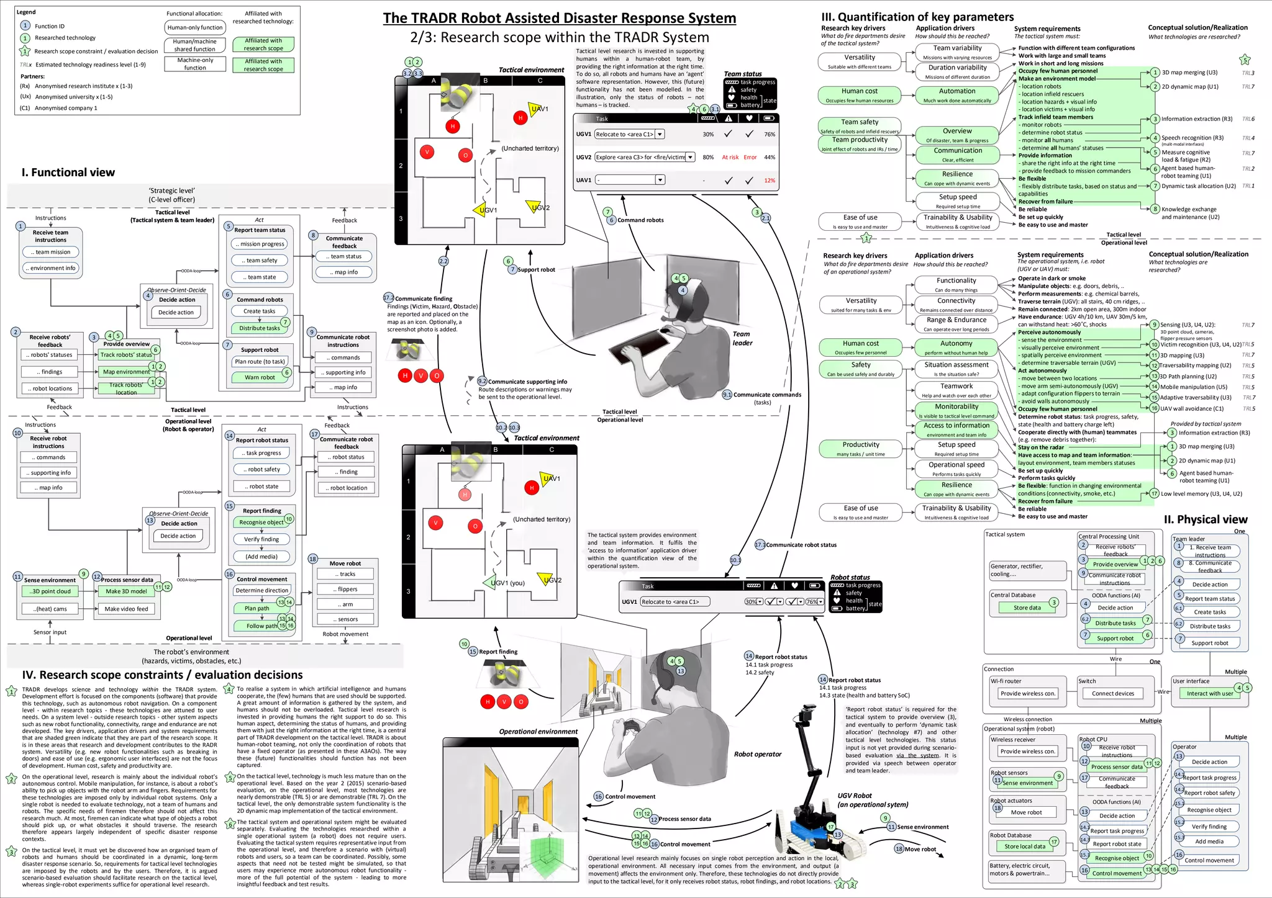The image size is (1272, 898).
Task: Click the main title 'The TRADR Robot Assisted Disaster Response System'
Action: (x=559, y=18)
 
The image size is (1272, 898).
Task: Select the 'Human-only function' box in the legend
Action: (x=195, y=27)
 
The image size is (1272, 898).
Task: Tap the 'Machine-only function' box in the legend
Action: (x=195, y=64)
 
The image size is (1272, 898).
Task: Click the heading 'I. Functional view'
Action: (x=68, y=173)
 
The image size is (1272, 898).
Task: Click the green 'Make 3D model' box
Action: (x=126, y=591)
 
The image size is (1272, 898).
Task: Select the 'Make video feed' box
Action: (x=126, y=609)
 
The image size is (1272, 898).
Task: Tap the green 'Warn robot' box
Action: (x=260, y=377)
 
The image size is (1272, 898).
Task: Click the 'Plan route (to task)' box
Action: (x=260, y=361)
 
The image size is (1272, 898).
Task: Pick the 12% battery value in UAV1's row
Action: (x=770, y=181)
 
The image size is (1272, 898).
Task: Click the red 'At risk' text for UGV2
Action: (x=730, y=158)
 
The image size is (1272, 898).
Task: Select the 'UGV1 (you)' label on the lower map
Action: (x=507, y=583)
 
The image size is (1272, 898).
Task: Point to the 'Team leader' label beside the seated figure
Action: (x=742, y=338)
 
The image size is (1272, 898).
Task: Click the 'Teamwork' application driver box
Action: (x=956, y=390)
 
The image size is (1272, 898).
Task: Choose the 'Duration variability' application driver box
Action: (x=957, y=71)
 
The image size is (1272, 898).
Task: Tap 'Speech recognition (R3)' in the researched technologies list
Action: (x=1192, y=138)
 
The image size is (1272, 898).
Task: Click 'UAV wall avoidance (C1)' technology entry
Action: (x=1191, y=408)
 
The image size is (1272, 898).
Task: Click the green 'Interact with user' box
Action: (x=1209, y=693)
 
